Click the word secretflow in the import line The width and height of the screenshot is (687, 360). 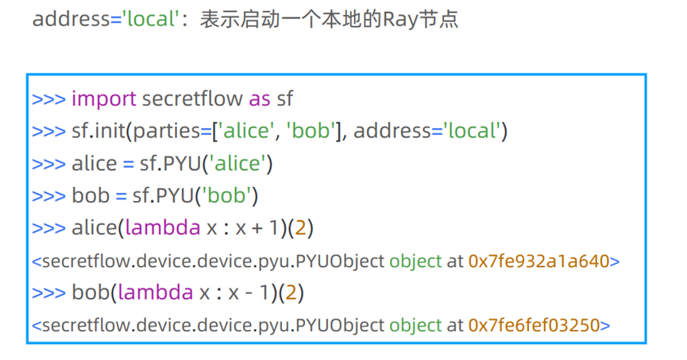(192, 99)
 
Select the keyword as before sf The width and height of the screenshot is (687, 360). (260, 99)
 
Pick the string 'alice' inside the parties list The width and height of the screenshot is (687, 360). (239, 130)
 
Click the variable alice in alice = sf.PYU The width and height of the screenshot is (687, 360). (93, 164)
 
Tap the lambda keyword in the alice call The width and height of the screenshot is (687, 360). (163, 228)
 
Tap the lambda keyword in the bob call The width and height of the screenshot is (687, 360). (156, 292)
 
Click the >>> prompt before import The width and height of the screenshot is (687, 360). (48, 99)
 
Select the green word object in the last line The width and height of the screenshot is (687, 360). (415, 325)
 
